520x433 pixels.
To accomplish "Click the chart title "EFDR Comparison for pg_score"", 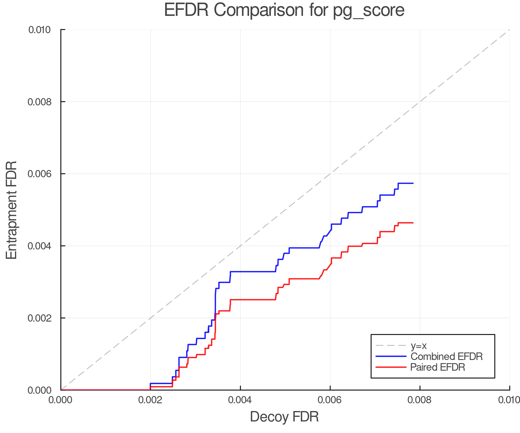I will [284, 10].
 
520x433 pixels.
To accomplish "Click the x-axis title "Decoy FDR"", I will [284, 417].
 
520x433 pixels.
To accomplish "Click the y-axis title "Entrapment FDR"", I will [12, 210].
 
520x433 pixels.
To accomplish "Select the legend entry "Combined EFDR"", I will [446, 357].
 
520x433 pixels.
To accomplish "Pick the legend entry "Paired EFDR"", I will [437, 367].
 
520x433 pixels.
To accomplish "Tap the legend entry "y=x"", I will [419, 346].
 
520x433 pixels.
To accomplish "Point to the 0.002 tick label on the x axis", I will [150, 400].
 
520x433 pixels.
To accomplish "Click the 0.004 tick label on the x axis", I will [240, 400].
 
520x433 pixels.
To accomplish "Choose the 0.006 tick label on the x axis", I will [330, 400].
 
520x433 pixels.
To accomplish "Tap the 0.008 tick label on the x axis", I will [420, 400].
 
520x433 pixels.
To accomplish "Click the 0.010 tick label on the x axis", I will [509, 400].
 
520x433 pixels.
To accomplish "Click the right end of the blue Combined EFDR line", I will [413, 183].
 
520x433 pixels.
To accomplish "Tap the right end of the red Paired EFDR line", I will [413, 223].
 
